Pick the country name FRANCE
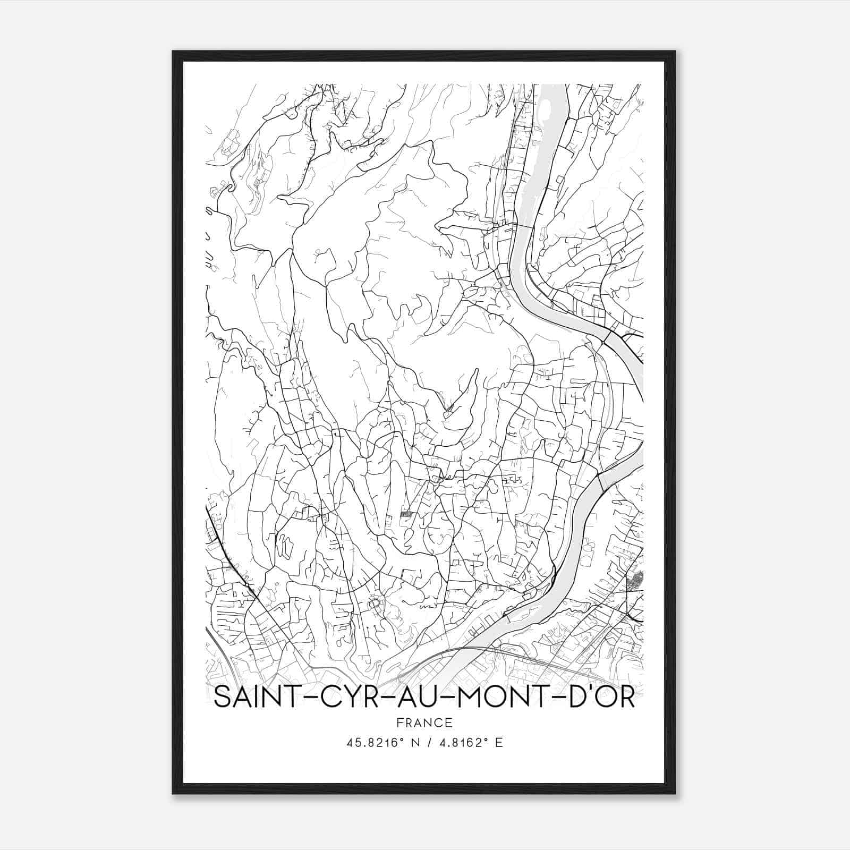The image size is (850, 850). (x=425, y=723)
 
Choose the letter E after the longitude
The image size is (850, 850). (x=498, y=743)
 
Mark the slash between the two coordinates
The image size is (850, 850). (x=425, y=743)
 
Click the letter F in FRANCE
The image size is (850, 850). (x=399, y=723)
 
